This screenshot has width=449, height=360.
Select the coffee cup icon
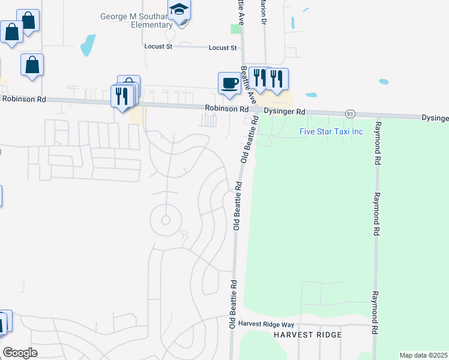pyautogui.click(x=229, y=83)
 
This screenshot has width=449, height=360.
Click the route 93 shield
pyautogui.click(x=350, y=113)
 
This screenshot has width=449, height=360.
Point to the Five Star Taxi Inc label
pyautogui.click(x=331, y=131)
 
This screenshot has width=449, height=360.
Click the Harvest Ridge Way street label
pyautogui.click(x=265, y=323)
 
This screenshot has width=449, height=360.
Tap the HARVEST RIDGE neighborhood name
pyautogui.click(x=308, y=335)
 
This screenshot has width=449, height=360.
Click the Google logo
pyautogui.click(x=20, y=352)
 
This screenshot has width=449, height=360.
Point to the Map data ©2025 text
pyautogui.click(x=423, y=355)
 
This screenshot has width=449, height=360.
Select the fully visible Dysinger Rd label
pyautogui.click(x=285, y=112)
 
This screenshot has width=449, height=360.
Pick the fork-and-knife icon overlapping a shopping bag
pyautogui.click(x=122, y=97)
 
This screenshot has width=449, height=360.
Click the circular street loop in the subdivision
pyautogui.click(x=166, y=220)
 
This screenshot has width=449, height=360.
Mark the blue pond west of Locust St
pyautogui.click(x=88, y=44)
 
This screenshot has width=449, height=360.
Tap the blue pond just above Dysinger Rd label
pyautogui.click(x=311, y=95)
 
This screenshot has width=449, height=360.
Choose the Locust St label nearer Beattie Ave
pyautogui.click(x=223, y=47)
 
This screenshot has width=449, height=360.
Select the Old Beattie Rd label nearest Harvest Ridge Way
pyautogui.click(x=231, y=303)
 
